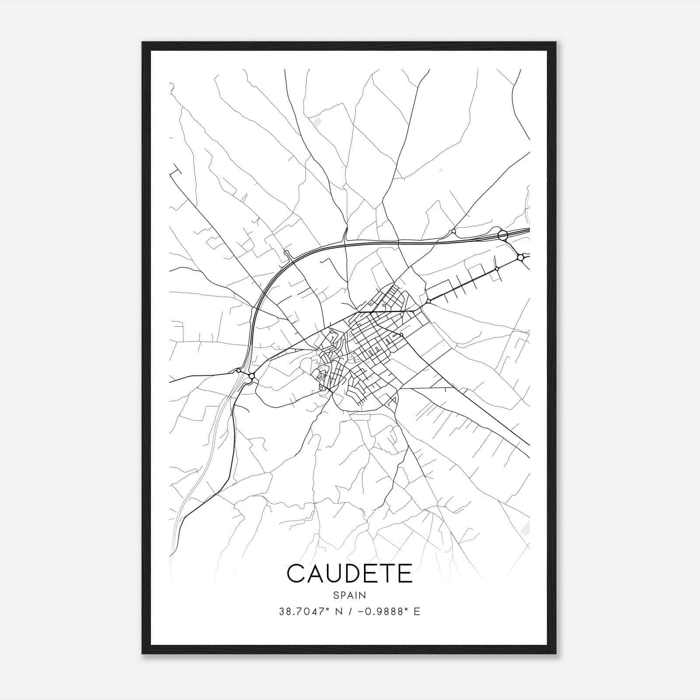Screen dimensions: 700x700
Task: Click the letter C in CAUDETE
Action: pyautogui.click(x=296, y=574)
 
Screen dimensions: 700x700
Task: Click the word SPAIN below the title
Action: pyautogui.click(x=349, y=595)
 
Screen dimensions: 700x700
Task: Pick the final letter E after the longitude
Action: pyautogui.click(x=416, y=612)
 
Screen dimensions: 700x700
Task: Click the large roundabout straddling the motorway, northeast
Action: pyautogui.click(x=503, y=236)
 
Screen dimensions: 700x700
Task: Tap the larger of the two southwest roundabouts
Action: pyautogui.click(x=252, y=376)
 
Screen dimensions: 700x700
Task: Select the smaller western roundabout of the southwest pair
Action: pyautogui.click(x=238, y=371)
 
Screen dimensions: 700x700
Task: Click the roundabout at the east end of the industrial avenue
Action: pyautogui.click(x=520, y=258)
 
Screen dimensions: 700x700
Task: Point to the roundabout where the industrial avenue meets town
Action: pyautogui.click(x=429, y=301)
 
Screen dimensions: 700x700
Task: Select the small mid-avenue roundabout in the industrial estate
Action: pyautogui.click(x=497, y=269)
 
